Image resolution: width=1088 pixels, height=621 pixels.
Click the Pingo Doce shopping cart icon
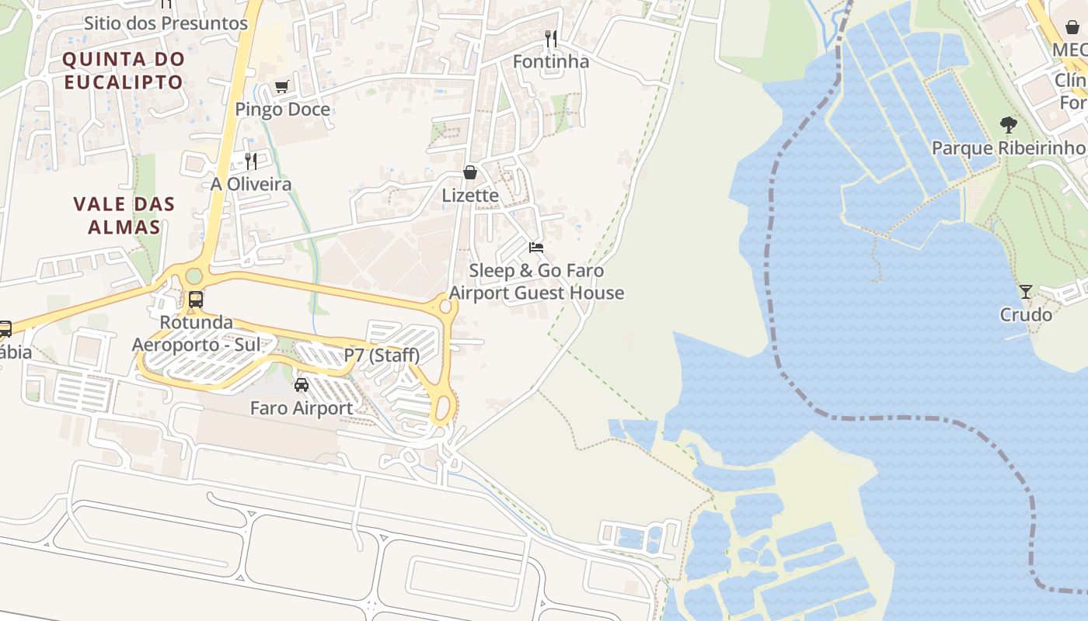[281, 87]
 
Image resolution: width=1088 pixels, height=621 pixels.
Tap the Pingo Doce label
[283, 109]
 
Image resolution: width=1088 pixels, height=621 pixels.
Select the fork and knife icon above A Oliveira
[250, 161]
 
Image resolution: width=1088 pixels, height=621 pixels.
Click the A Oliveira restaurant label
[251, 184]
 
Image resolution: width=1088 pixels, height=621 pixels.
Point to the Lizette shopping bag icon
[470, 172]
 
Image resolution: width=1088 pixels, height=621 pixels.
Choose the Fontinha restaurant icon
[551, 38]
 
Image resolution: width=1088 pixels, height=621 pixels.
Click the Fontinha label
[551, 61]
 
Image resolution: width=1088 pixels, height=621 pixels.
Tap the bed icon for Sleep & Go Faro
[536, 248]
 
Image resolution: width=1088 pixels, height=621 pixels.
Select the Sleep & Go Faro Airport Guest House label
[537, 282]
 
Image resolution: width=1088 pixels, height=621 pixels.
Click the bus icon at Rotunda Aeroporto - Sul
[196, 299]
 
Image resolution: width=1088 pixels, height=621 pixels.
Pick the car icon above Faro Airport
[302, 384]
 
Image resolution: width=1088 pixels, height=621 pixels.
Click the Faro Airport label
[302, 408]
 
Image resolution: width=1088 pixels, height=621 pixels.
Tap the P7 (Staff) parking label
[382, 356]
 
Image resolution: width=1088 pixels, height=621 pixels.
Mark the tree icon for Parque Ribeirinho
[1009, 124]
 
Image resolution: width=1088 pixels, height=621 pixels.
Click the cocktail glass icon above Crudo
[1026, 292]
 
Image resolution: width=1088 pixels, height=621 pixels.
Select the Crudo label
[1026, 314]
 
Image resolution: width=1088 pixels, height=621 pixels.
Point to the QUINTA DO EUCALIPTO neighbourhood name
[124, 70]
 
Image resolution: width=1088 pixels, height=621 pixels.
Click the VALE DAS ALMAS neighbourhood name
[124, 216]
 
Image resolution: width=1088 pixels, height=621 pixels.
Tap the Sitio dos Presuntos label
[166, 23]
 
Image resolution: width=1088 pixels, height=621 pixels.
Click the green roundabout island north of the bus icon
[194, 276]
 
